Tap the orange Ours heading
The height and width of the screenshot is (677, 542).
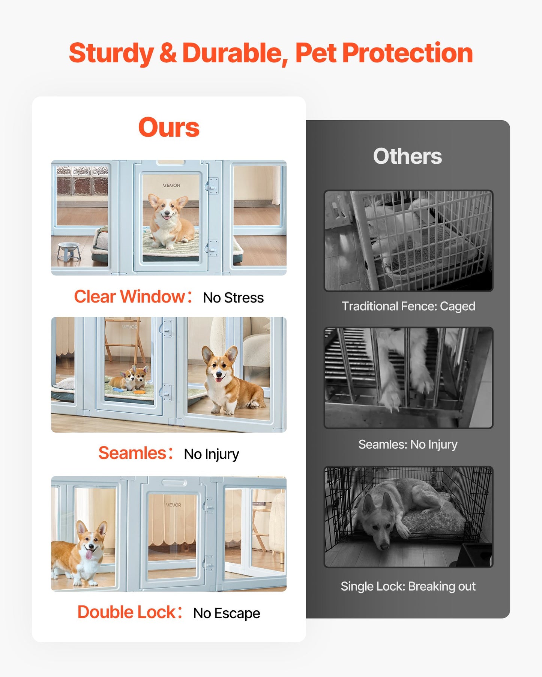(169, 127)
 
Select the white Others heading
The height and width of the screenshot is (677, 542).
(407, 156)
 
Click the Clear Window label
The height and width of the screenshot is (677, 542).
(129, 297)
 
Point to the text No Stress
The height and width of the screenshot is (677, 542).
(233, 298)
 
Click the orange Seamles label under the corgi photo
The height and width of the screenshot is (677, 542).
(132, 453)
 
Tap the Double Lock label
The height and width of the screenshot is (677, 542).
(126, 612)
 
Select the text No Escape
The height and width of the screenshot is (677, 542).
(227, 613)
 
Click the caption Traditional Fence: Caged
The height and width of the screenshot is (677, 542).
(408, 306)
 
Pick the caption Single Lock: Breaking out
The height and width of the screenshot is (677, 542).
(408, 586)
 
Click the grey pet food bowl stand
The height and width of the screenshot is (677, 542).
(69, 251)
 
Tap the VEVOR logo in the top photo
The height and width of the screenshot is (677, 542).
(171, 186)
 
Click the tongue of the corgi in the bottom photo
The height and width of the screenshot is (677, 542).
(89, 554)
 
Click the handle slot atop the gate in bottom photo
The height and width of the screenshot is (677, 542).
(174, 482)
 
